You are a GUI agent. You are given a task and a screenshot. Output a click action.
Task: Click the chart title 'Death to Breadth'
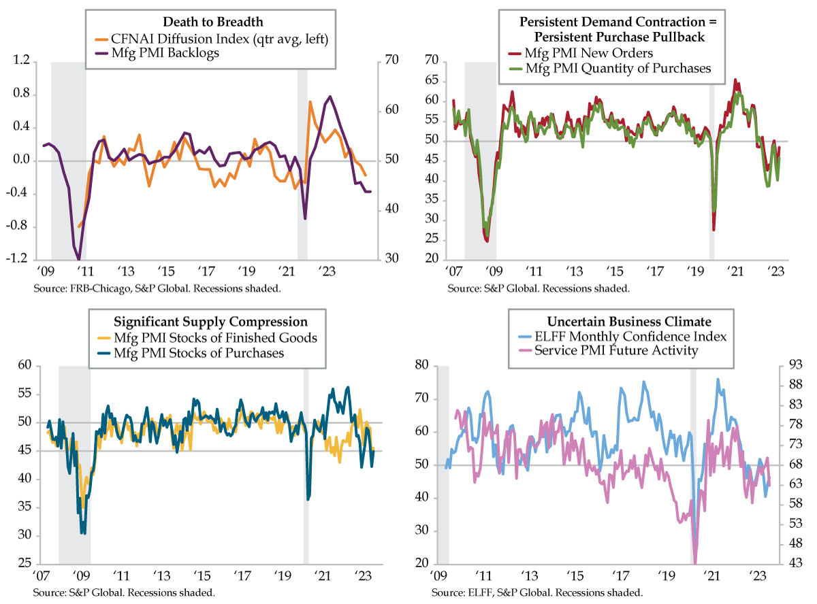tap(210, 23)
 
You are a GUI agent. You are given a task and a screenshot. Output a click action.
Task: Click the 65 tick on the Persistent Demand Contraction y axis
tap(429, 80)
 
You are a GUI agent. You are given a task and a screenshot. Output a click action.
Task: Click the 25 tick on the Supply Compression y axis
tap(24, 564)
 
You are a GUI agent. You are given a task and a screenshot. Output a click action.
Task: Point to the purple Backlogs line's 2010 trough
tap(79, 259)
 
